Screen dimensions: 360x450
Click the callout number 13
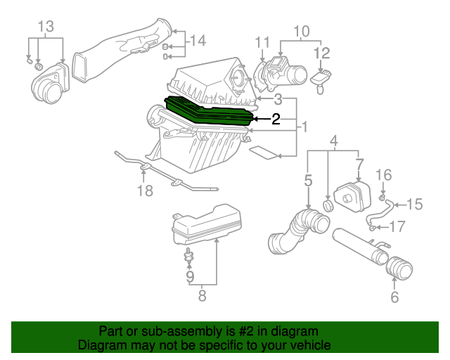(x=45, y=27)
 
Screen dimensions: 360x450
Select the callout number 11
(x=262, y=41)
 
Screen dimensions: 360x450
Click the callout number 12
(x=321, y=53)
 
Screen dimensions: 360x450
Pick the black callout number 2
(x=276, y=120)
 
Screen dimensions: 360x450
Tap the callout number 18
(x=144, y=191)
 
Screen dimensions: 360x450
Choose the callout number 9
(x=188, y=277)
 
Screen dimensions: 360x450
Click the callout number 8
(x=202, y=297)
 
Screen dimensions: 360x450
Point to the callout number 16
(x=383, y=174)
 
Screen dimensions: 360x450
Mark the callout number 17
(x=397, y=226)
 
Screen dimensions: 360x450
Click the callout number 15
(x=414, y=205)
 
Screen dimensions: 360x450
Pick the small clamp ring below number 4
(x=328, y=205)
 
